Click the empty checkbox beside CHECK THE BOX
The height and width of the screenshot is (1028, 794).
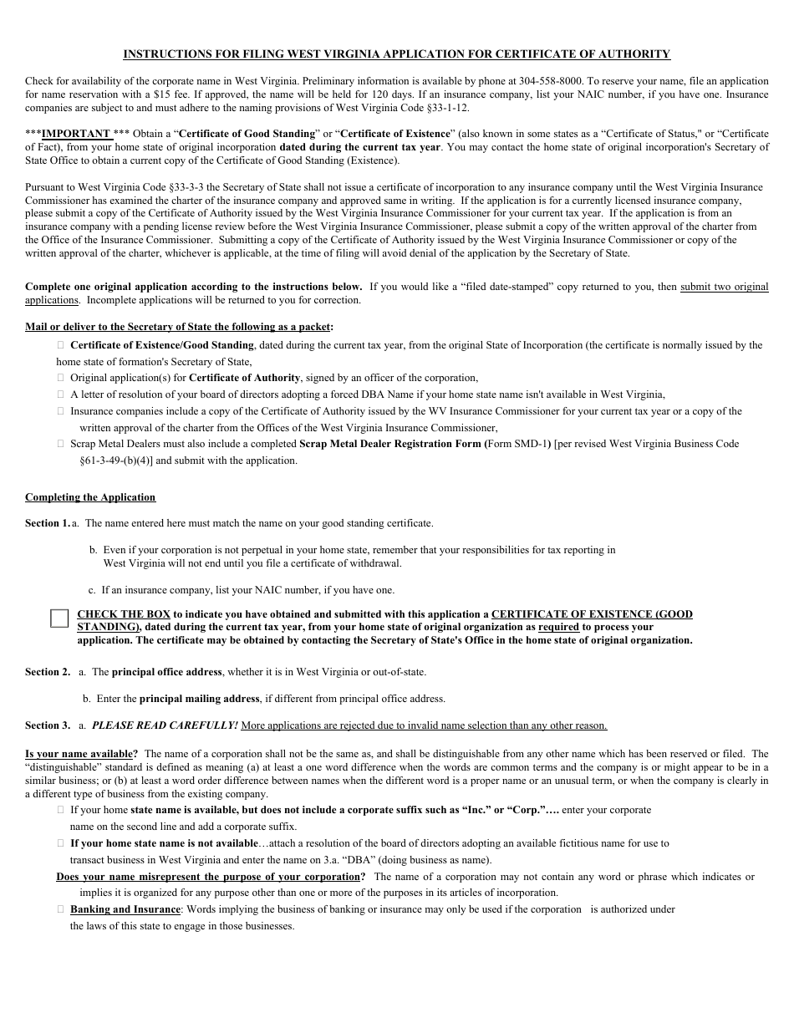[x=59, y=618]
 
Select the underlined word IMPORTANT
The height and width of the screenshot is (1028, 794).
[x=76, y=134]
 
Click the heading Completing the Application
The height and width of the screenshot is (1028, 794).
[x=90, y=497]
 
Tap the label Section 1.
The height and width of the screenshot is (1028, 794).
[x=47, y=523]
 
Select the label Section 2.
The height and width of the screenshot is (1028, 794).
[x=47, y=672]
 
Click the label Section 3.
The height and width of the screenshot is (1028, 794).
[x=47, y=725]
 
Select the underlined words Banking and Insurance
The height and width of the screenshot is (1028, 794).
[x=125, y=909]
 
